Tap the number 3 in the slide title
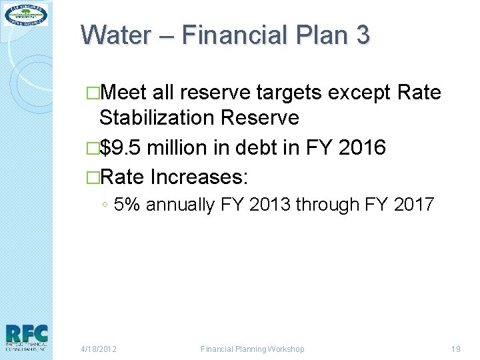(x=362, y=35)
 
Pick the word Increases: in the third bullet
(x=199, y=177)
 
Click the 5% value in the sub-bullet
(x=127, y=204)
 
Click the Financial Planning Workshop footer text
(x=252, y=349)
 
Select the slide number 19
(x=456, y=349)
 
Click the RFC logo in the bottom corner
(x=26, y=337)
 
